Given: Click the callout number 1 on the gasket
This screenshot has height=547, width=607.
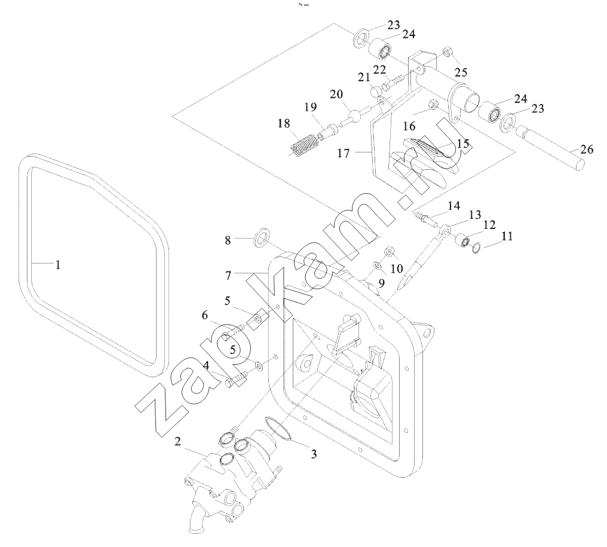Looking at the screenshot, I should [x=58, y=264].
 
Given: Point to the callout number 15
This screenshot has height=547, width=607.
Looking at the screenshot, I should [x=463, y=144].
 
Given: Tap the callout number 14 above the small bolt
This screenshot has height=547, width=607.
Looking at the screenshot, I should [x=454, y=206].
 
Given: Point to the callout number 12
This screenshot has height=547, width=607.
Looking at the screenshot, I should [x=489, y=225].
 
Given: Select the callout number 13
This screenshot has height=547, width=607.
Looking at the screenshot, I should [x=474, y=215].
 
